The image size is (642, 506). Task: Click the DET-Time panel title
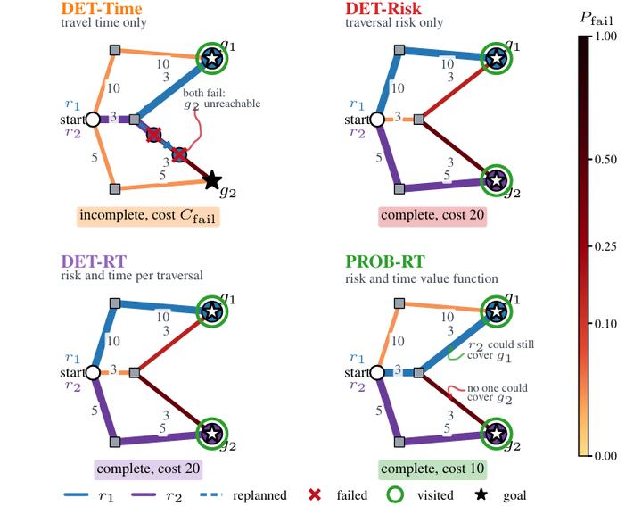(x=102, y=9)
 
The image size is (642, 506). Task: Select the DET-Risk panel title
(x=383, y=9)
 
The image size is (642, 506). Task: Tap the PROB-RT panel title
(x=385, y=261)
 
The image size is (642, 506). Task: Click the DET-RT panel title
(x=94, y=261)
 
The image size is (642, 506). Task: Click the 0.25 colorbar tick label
(x=605, y=246)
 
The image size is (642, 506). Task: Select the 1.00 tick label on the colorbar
(x=605, y=37)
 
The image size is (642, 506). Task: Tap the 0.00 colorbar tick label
(x=605, y=456)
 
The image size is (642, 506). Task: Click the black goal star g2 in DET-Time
(x=212, y=180)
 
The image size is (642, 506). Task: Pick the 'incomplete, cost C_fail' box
(x=148, y=216)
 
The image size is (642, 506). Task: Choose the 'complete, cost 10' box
(x=432, y=469)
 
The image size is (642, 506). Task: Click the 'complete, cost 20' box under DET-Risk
(x=432, y=216)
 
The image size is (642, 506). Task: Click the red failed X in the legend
(x=315, y=495)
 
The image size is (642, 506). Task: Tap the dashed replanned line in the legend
(x=211, y=495)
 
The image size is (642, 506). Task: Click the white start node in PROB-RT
(x=377, y=373)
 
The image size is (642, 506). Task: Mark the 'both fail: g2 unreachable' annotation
(x=221, y=99)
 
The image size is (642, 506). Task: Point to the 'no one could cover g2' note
(x=498, y=394)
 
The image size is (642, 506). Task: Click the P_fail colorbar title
(x=597, y=19)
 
